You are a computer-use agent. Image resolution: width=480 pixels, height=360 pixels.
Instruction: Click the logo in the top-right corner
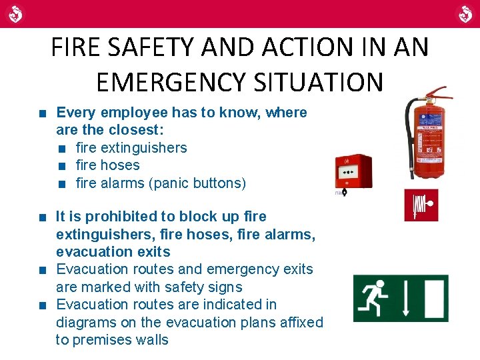[464, 13]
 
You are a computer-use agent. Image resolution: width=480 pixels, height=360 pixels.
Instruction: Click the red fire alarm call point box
[353, 171]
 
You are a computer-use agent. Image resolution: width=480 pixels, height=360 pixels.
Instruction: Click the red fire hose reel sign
[421, 205]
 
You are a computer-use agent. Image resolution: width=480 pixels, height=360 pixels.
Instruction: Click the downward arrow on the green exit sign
[405, 298]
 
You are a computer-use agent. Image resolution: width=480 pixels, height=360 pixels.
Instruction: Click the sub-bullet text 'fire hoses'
[107, 165]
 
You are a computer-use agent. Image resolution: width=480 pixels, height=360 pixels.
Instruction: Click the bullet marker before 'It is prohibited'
[43, 217]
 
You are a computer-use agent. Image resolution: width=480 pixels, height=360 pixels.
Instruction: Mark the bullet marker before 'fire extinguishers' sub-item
[62, 148]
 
